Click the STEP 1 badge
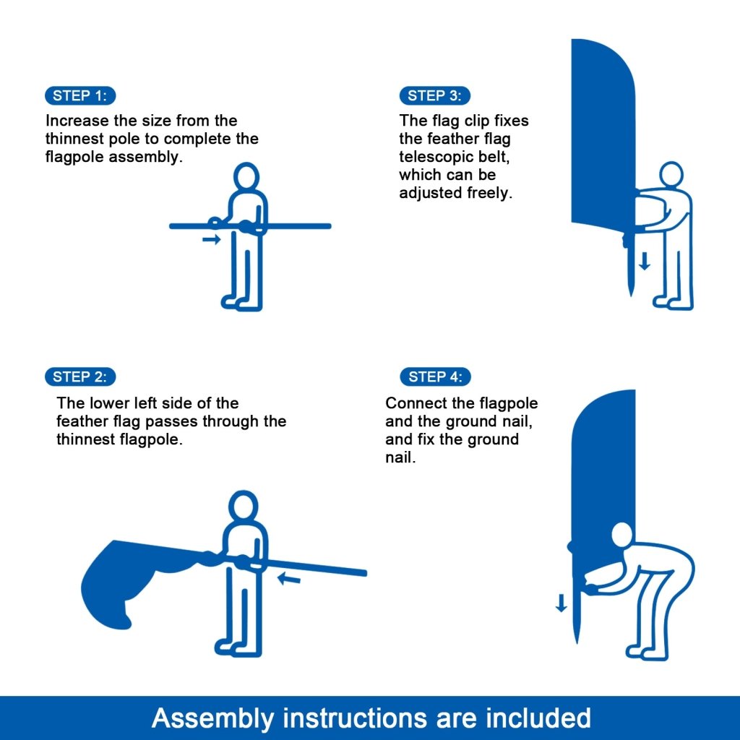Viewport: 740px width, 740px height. tap(79, 95)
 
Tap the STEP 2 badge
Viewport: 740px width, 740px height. tap(79, 377)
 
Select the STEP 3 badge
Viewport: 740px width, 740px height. tap(434, 95)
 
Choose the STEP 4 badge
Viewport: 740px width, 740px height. tap(434, 377)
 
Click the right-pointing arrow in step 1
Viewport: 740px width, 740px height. tap(211, 240)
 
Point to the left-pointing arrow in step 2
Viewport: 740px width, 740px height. tap(289, 578)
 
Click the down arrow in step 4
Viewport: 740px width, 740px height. tap(562, 603)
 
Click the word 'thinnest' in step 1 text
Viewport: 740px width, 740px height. tap(72, 139)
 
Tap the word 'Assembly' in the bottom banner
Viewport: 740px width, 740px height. tap(213, 718)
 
